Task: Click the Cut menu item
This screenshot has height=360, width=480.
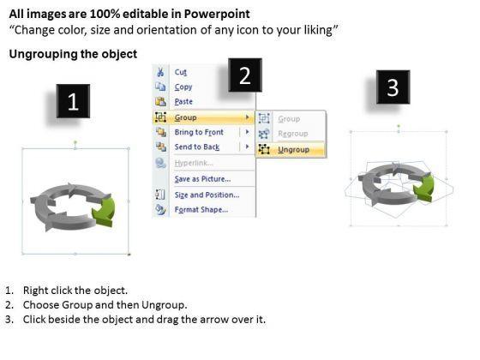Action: click(180, 72)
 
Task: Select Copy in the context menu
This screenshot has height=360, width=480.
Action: click(183, 87)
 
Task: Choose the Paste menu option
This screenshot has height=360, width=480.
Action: click(183, 102)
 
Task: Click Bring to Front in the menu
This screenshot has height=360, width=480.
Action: click(199, 132)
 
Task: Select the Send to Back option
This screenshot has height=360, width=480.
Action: click(197, 147)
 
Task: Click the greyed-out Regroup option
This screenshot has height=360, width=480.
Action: click(292, 134)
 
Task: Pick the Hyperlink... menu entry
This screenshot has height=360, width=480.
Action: click(194, 163)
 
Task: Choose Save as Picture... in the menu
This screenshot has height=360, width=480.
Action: click(202, 179)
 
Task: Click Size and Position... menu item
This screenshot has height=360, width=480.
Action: click(207, 195)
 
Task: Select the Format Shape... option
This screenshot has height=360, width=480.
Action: click(201, 210)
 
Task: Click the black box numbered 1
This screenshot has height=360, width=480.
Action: click(73, 101)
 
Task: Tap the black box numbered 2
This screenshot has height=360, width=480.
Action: click(245, 75)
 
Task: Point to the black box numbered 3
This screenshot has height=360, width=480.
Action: click(393, 87)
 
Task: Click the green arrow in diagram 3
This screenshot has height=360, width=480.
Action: click(425, 188)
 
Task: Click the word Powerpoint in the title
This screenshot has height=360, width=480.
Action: click(217, 14)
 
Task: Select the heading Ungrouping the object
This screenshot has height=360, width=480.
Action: click(73, 54)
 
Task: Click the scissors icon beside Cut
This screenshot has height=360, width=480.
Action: click(160, 72)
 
